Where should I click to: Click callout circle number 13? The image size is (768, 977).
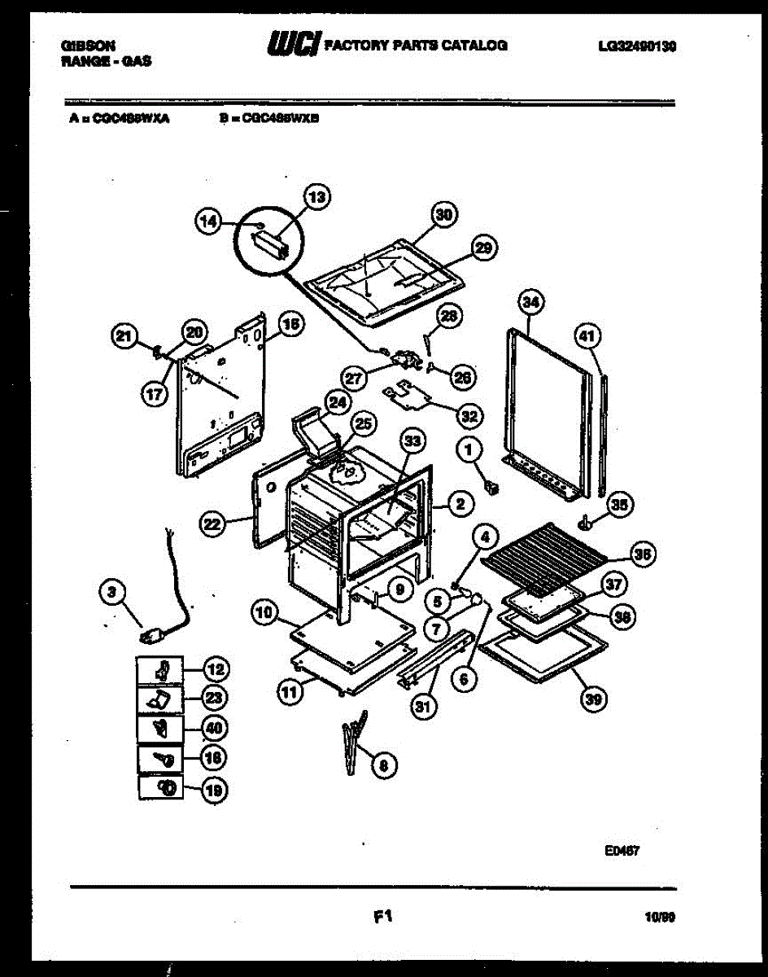pyautogui.click(x=317, y=196)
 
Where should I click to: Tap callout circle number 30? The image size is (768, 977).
pyautogui.click(x=443, y=214)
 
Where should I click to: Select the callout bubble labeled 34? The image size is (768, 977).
pyautogui.click(x=530, y=303)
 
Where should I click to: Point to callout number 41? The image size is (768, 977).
pyautogui.click(x=587, y=334)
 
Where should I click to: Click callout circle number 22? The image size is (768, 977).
pyautogui.click(x=212, y=525)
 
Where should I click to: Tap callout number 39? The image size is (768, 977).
pyautogui.click(x=594, y=697)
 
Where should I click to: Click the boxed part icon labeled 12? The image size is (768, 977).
pyautogui.click(x=161, y=671)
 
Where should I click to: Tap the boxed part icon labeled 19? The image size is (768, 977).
pyautogui.click(x=166, y=787)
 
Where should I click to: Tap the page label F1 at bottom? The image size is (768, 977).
pyautogui.click(x=383, y=917)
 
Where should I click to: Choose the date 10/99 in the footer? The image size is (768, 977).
pyautogui.click(x=659, y=918)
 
